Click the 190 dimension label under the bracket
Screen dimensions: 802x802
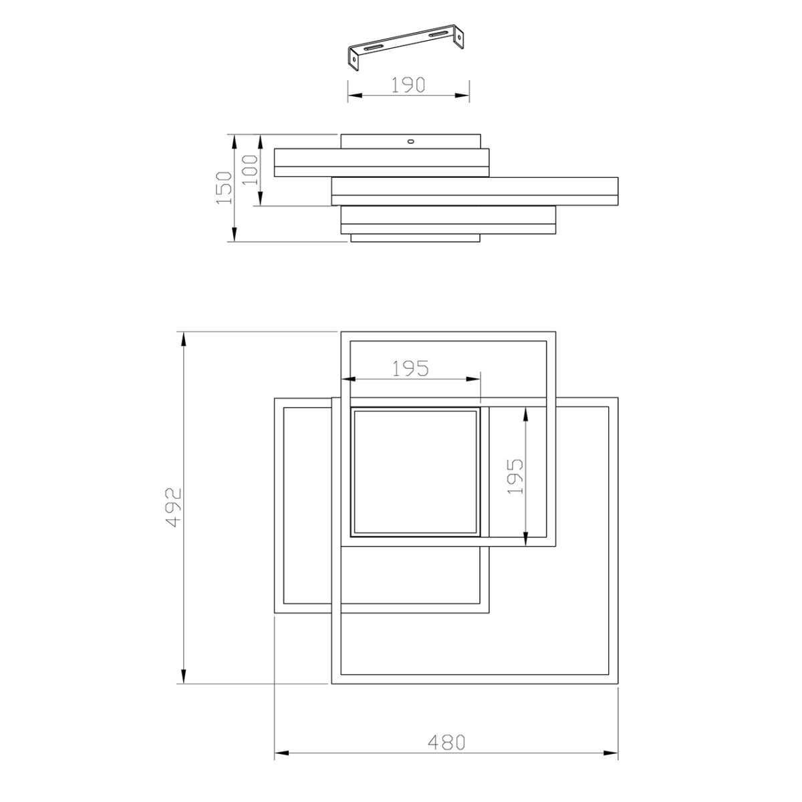[408, 85]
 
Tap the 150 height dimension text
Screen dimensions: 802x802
[225, 188]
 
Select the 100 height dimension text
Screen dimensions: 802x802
[250, 170]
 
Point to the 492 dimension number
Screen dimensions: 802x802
[174, 508]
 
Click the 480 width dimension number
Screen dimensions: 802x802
[446, 743]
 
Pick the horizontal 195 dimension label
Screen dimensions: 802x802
[410, 369]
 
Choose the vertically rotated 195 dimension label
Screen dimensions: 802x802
[515, 477]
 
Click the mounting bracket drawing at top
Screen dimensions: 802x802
[406, 47]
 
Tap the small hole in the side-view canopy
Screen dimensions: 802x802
[411, 142]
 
